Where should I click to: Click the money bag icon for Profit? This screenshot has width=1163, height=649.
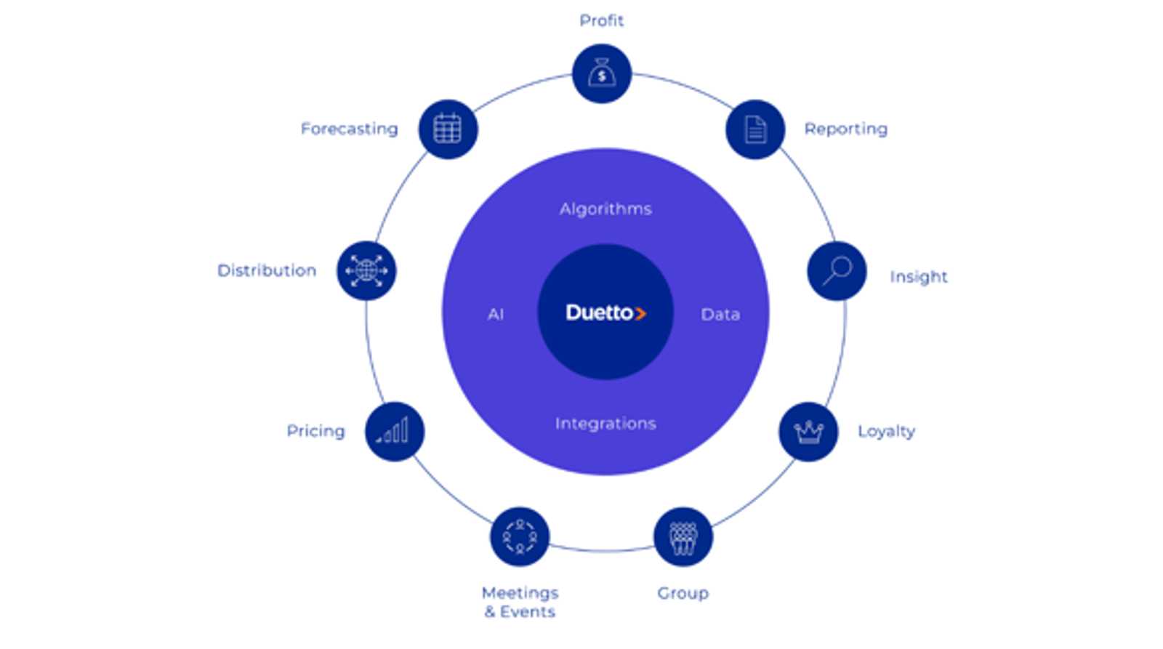602,73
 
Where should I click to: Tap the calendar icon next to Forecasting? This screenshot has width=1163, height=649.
448,129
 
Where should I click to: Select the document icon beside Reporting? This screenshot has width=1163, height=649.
755,129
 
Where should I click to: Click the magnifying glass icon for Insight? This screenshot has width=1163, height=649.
837,271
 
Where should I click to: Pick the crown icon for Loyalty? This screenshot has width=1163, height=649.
808,432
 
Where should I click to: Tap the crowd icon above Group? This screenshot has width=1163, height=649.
683,537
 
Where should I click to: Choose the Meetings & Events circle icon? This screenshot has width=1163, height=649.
520,537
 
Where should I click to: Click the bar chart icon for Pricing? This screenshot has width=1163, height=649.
395,432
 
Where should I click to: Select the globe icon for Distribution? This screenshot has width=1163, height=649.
366,271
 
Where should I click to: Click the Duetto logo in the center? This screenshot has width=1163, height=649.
606,313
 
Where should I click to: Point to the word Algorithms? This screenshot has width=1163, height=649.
605,209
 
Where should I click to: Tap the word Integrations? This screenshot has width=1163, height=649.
605,424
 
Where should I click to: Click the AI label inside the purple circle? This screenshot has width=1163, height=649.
496,314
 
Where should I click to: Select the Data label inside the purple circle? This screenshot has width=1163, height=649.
720,314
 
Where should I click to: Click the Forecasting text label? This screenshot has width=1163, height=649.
350,129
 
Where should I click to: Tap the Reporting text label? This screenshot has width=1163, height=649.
846,129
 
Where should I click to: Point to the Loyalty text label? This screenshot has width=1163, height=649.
886,432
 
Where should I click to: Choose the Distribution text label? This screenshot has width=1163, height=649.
267,270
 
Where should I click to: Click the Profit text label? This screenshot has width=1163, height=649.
601,21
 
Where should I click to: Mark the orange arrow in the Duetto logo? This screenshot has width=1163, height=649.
640,313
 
